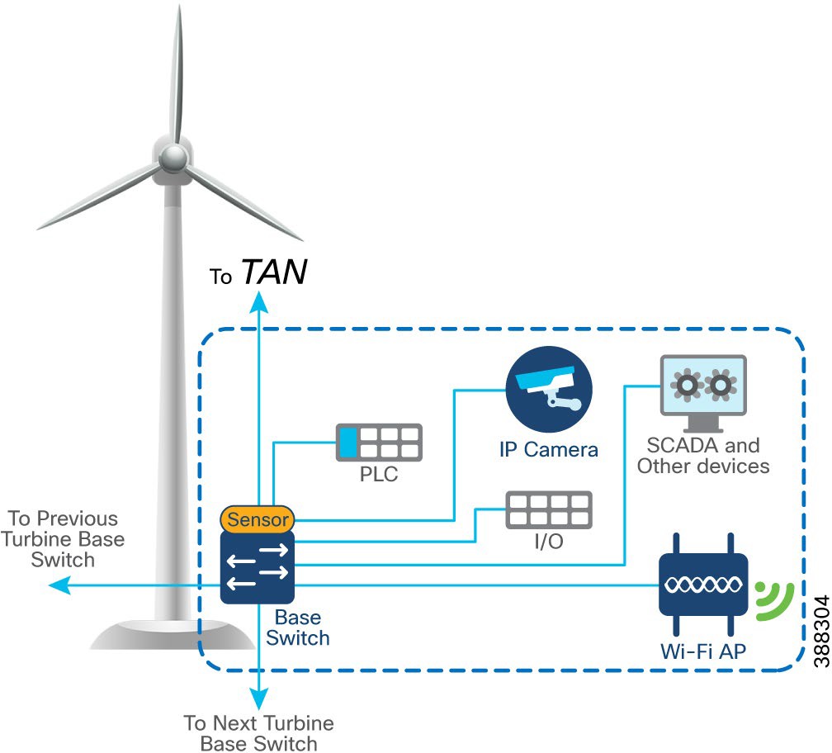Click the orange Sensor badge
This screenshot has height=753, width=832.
click(257, 519)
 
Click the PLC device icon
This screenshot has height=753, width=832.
click(379, 443)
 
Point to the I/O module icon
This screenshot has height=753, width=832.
click(548, 510)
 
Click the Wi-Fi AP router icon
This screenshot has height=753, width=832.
click(703, 585)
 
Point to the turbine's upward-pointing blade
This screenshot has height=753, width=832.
click(177, 74)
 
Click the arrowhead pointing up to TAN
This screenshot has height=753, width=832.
click(260, 302)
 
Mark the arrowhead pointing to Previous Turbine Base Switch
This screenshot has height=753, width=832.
click(56, 585)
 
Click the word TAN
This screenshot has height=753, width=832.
click(274, 272)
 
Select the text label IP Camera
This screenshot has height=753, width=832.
click(548, 450)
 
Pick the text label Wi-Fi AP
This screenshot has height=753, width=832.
click(703, 651)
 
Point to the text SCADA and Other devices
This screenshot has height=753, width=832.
click(703, 456)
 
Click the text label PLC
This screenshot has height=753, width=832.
click(380, 475)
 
